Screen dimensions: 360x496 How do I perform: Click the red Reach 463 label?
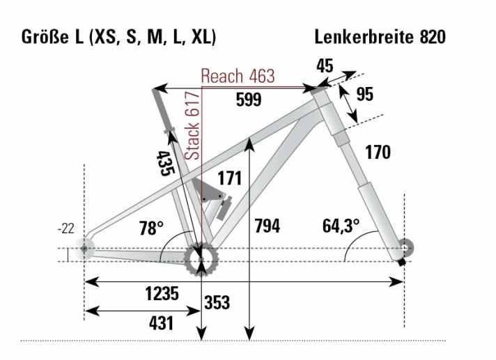coord(238,75)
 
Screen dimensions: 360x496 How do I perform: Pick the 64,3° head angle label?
coord(341,226)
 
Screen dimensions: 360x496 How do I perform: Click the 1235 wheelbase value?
coord(162,293)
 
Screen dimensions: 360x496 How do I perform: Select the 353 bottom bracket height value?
coord(218,303)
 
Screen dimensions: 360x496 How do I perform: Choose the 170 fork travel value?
coord(378,152)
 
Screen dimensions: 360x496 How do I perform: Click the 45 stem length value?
coord(324,66)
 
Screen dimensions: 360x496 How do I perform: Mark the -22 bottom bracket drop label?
coord(65,229)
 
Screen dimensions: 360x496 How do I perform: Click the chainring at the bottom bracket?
coord(201,262)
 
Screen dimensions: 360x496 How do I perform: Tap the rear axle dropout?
coord(85,249)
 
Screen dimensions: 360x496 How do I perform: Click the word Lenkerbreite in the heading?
coord(363,36)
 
